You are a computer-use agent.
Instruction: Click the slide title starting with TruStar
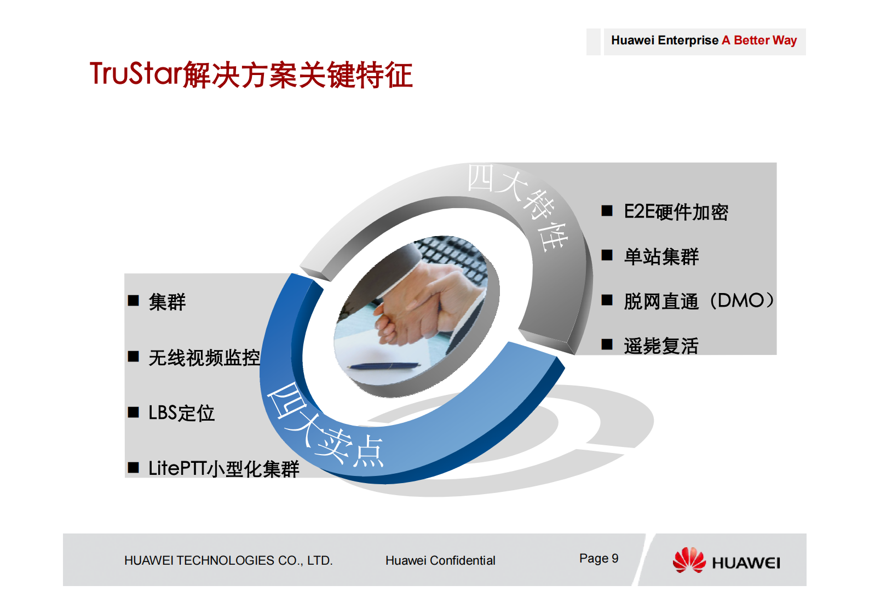pyautogui.click(x=251, y=74)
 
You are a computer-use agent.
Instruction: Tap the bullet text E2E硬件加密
pyautogui.click(x=676, y=212)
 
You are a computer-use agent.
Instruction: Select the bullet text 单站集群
pyautogui.click(x=661, y=256)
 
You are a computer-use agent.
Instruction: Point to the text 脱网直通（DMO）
pyautogui.click(x=699, y=301)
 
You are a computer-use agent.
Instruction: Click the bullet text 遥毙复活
pyautogui.click(x=661, y=346)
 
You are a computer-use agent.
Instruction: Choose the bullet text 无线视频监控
pyautogui.click(x=204, y=358)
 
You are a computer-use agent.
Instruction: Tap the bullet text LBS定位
pyautogui.click(x=181, y=413)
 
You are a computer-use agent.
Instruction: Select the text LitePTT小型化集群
pyautogui.click(x=223, y=468)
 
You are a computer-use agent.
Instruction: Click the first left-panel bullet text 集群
pyautogui.click(x=167, y=302)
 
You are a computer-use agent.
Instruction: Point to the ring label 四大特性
pyautogui.click(x=518, y=206)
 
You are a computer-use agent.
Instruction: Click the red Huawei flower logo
pyautogui.click(x=689, y=560)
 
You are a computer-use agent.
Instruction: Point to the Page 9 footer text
pyautogui.click(x=598, y=558)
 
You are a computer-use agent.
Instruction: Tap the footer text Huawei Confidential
pyautogui.click(x=440, y=560)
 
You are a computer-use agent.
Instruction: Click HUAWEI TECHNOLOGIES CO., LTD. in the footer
pyautogui.click(x=228, y=560)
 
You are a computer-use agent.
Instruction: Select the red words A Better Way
pyautogui.click(x=759, y=41)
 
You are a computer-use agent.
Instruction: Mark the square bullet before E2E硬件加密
pyautogui.click(x=607, y=211)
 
